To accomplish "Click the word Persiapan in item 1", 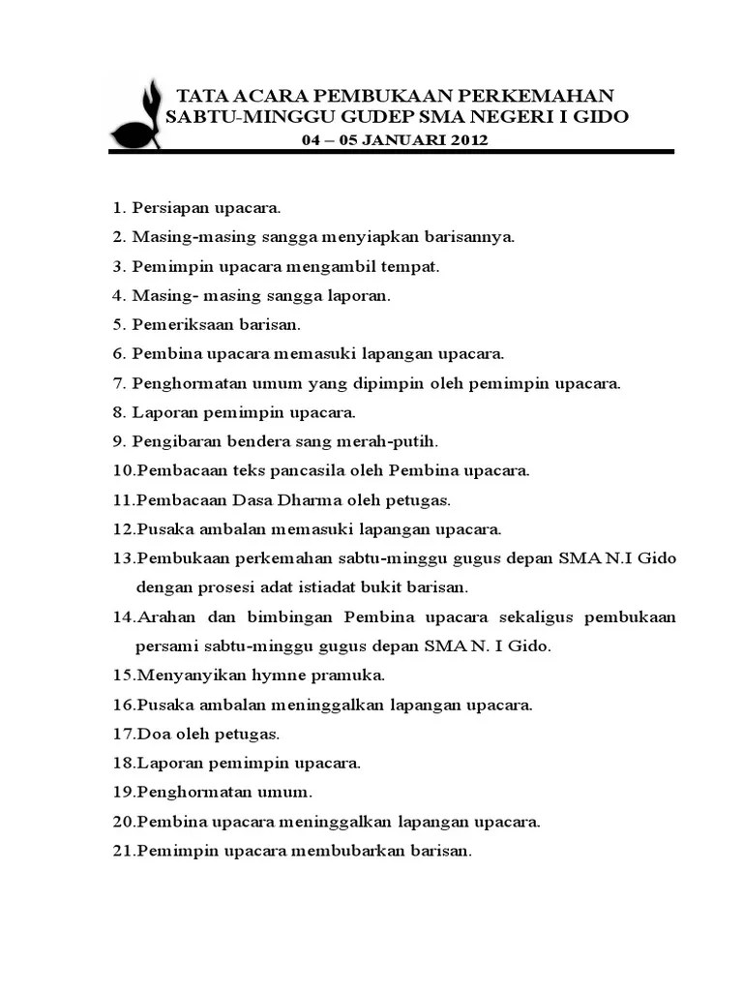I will (x=168, y=208).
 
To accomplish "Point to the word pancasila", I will (x=303, y=471).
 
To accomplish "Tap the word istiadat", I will (x=328, y=586).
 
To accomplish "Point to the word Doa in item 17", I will (x=152, y=734).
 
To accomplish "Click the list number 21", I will (x=123, y=852).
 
